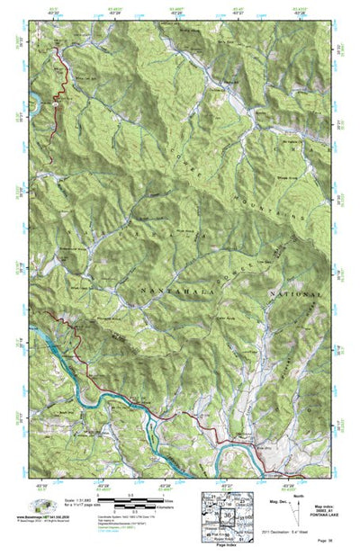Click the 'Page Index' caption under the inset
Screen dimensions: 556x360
[x=226, y=545]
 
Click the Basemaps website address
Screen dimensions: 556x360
[x=45, y=517]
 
